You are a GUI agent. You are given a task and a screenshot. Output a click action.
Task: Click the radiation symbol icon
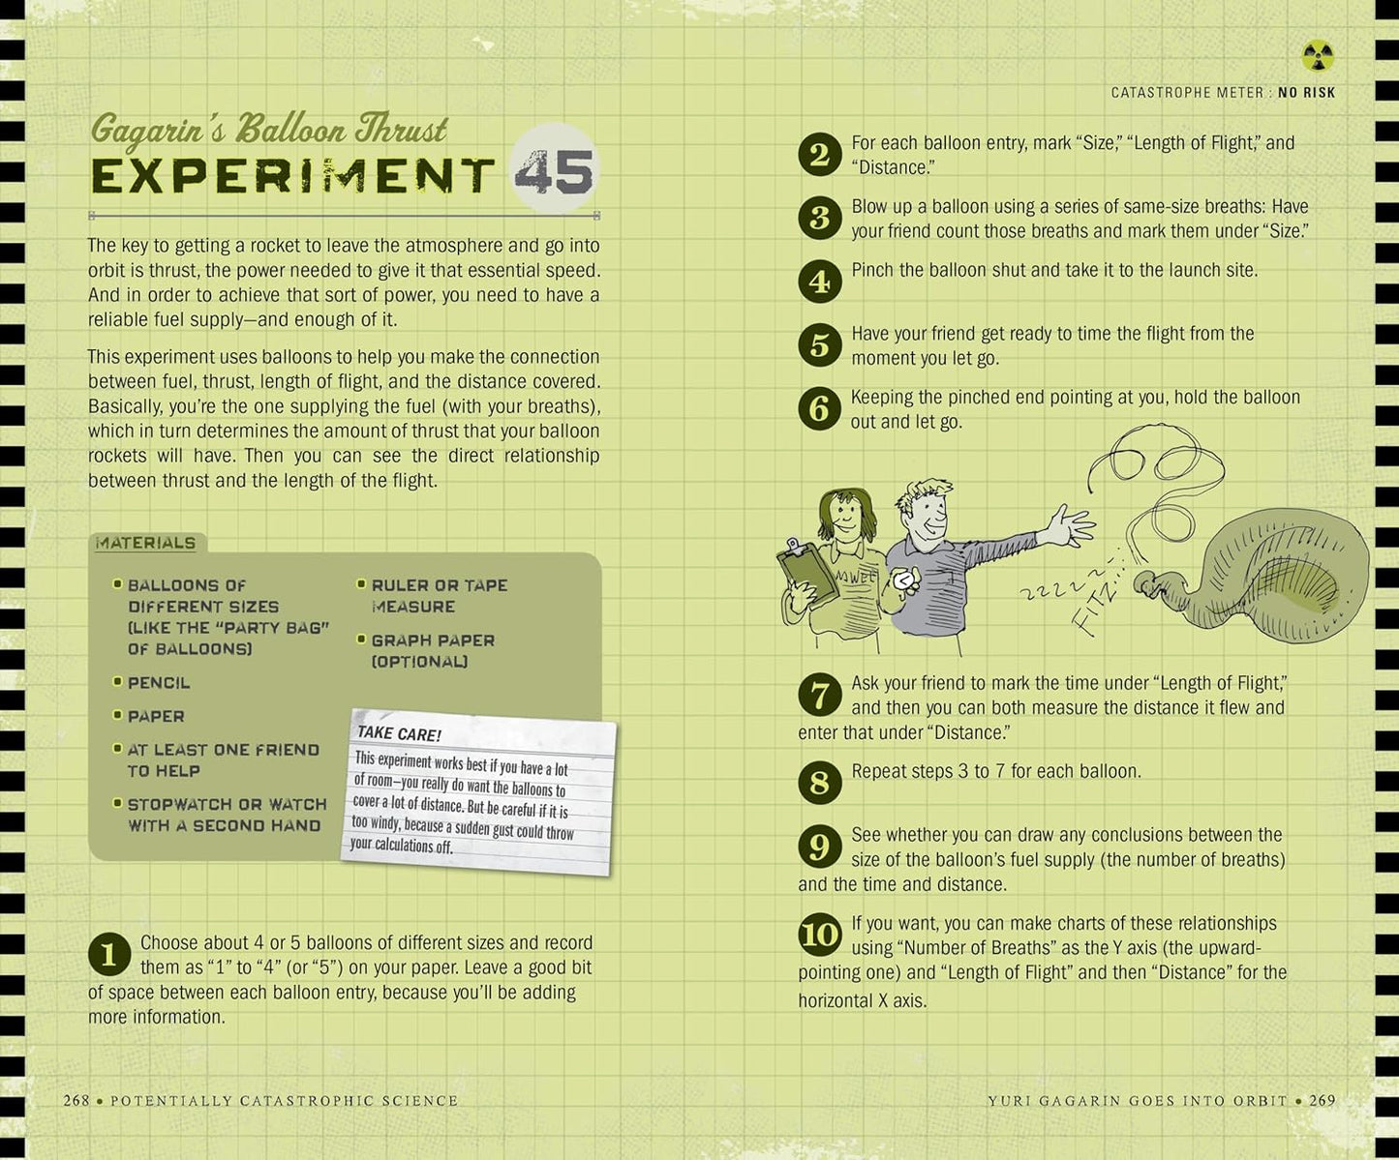(1318, 55)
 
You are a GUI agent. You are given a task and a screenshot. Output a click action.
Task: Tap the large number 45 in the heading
(554, 171)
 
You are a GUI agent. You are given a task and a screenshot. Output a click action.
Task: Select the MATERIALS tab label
(145, 543)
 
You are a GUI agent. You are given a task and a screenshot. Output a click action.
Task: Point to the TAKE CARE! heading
(399, 733)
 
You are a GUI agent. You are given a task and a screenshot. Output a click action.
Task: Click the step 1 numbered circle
(109, 954)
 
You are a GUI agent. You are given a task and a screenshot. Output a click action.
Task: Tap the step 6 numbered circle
(819, 408)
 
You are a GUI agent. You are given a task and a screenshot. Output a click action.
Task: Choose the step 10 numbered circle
(819, 935)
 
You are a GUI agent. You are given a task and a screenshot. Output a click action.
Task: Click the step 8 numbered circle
(819, 783)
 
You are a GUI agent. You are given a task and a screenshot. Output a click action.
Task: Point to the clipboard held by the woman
(807, 572)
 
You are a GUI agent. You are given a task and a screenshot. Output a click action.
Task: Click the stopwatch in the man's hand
(906, 580)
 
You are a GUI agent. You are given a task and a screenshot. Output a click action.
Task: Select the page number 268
(76, 1100)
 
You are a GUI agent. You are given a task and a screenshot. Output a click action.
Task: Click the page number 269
(1322, 1100)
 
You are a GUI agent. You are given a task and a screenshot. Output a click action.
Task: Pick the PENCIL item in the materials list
(159, 682)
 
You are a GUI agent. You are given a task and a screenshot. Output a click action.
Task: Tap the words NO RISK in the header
(1306, 93)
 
